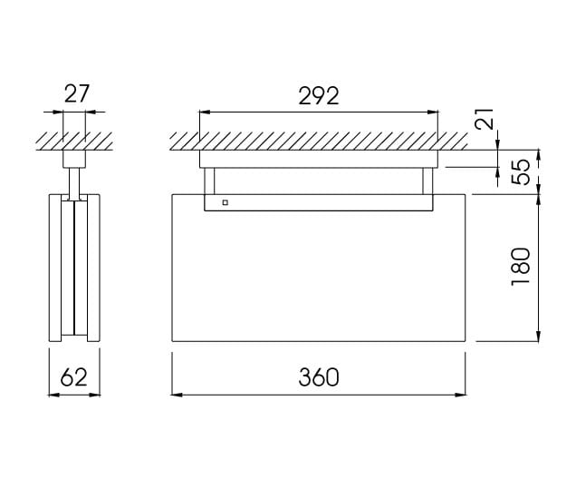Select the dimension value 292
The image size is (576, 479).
pos(320,95)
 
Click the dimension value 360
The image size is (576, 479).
pos(320,377)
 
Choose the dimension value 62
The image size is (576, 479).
pos(75,377)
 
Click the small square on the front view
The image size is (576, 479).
pos(225,203)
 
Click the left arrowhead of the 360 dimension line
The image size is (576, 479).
pos(178,394)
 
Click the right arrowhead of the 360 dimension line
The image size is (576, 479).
pos(462,394)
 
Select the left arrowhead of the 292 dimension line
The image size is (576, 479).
pos(205,112)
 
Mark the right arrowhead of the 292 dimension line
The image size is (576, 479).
pos(436,112)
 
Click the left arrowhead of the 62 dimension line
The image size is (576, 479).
pos(51,394)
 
